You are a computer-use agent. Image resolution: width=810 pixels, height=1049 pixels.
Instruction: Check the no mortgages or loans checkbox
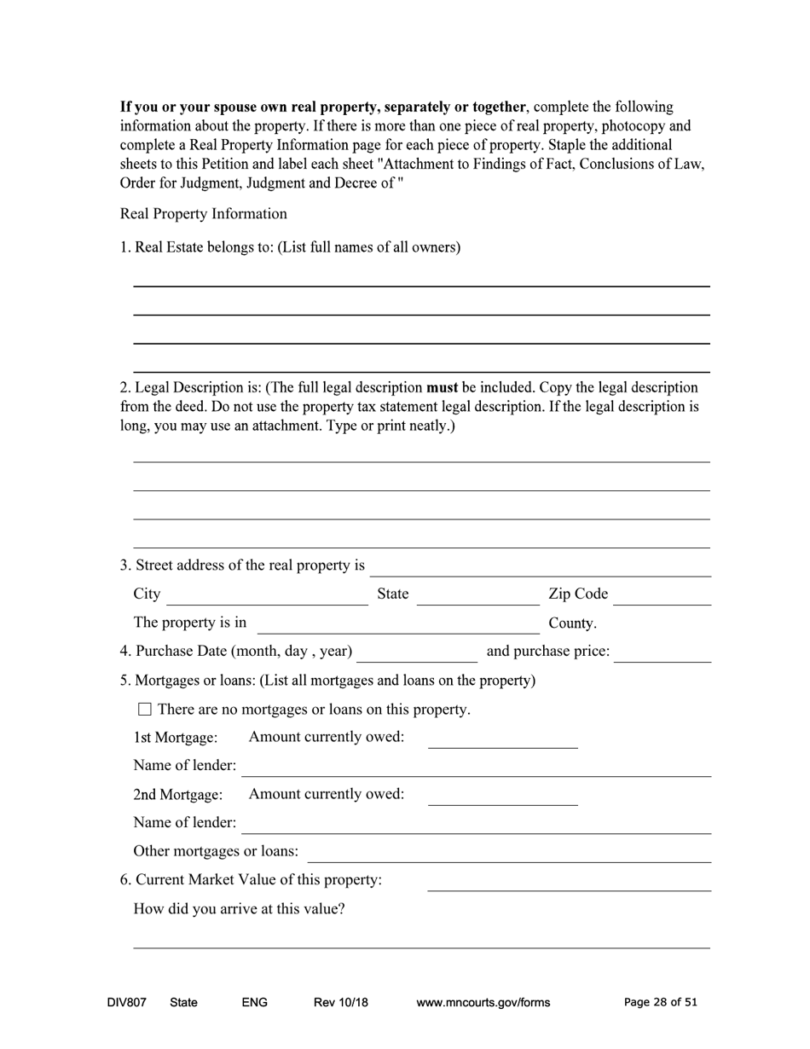click(144, 709)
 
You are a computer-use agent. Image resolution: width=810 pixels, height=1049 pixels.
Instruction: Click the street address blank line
click(541, 567)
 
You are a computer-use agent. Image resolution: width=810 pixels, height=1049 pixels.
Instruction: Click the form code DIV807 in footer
click(126, 1002)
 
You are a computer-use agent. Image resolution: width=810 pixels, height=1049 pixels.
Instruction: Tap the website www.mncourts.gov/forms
click(483, 1002)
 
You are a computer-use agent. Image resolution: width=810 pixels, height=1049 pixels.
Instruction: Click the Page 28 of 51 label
click(660, 1002)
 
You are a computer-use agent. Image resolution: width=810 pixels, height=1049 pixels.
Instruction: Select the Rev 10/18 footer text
click(340, 1002)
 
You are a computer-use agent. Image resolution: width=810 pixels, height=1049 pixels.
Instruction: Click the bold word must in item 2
click(442, 387)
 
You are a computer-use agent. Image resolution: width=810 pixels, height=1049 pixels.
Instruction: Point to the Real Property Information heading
click(203, 213)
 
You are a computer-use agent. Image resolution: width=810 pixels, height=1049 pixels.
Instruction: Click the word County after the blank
click(572, 623)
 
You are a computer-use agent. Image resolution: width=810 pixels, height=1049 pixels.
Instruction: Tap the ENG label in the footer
click(255, 1002)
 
